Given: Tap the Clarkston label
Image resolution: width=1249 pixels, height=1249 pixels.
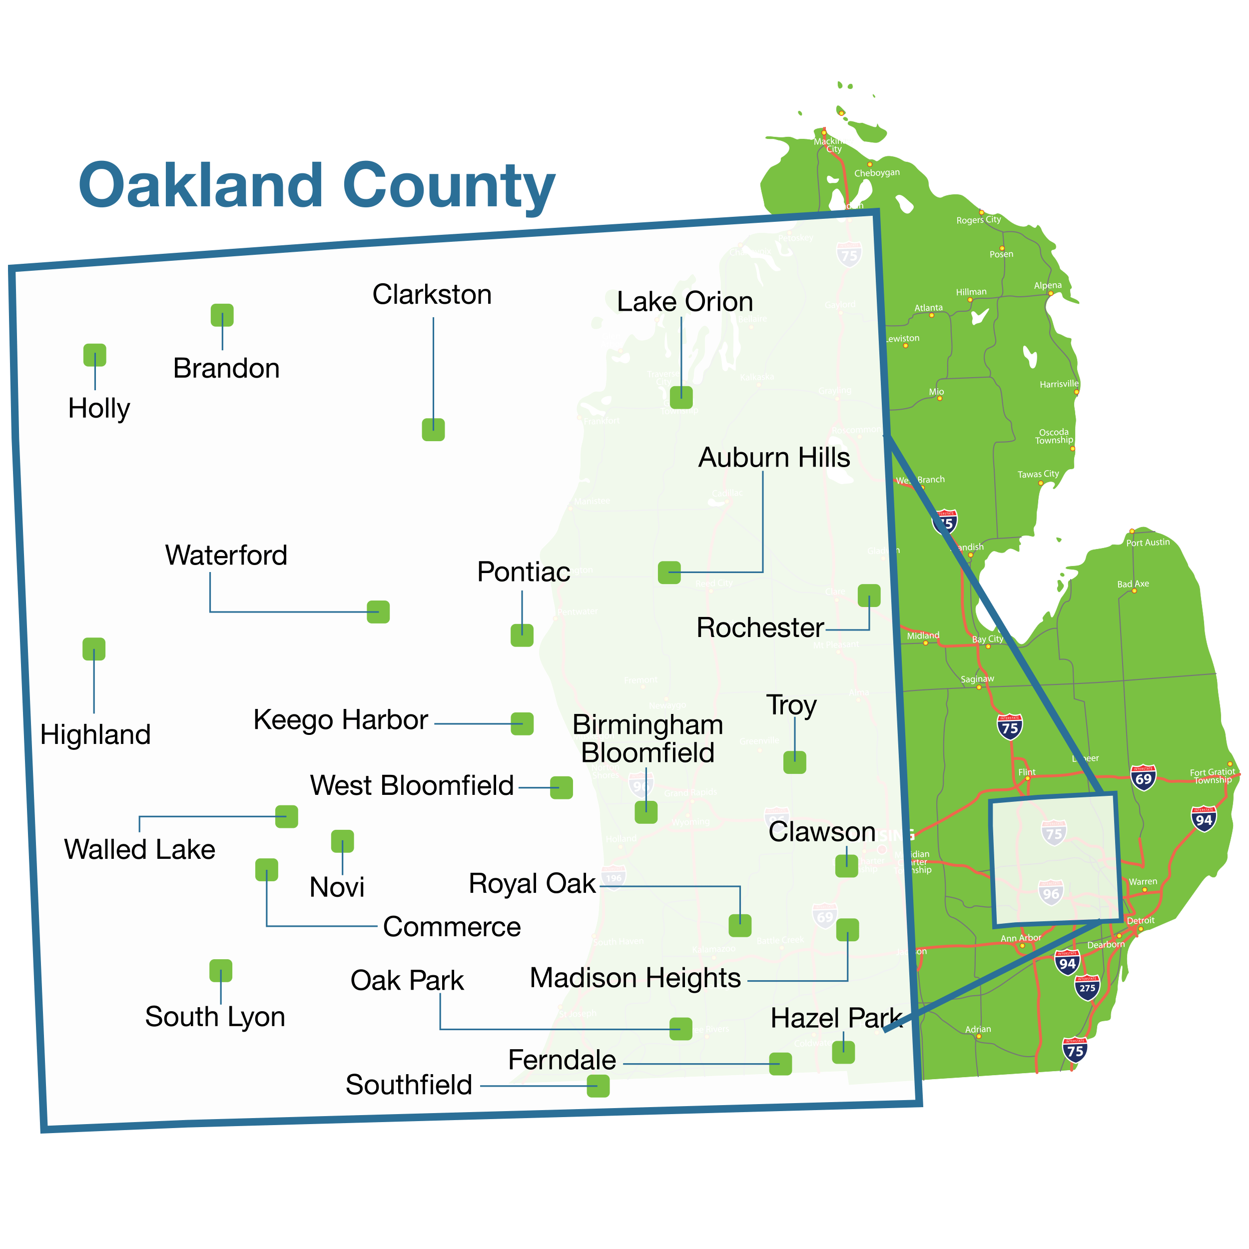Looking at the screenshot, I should [432, 295].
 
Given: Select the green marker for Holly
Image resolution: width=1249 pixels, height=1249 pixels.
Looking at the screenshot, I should [95, 355].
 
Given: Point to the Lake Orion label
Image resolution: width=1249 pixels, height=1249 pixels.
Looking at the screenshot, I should [684, 302].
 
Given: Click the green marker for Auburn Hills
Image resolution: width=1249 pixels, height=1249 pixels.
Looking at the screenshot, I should [669, 572].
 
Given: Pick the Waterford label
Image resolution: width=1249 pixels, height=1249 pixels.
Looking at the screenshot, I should [226, 556].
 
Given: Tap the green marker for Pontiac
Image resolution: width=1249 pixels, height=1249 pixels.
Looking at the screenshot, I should [522, 635].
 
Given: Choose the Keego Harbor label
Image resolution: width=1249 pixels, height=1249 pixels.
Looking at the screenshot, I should [340, 719].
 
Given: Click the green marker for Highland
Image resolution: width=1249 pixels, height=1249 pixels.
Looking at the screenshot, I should [94, 649].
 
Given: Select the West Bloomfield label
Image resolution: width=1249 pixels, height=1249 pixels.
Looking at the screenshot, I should [412, 785].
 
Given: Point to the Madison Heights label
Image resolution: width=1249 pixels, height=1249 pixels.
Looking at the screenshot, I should [635, 978].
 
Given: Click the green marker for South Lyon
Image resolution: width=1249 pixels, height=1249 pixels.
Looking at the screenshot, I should [220, 970].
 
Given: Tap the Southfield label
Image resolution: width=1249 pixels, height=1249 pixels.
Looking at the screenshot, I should [409, 1085].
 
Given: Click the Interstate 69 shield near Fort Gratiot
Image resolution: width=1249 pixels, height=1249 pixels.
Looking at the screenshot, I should [1143, 778].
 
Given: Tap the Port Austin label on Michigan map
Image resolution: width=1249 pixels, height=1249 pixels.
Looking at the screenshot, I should [1148, 543].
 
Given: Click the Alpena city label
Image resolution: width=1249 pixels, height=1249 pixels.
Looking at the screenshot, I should [1047, 286].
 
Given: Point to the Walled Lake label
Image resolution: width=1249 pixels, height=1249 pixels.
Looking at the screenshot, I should [140, 849].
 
